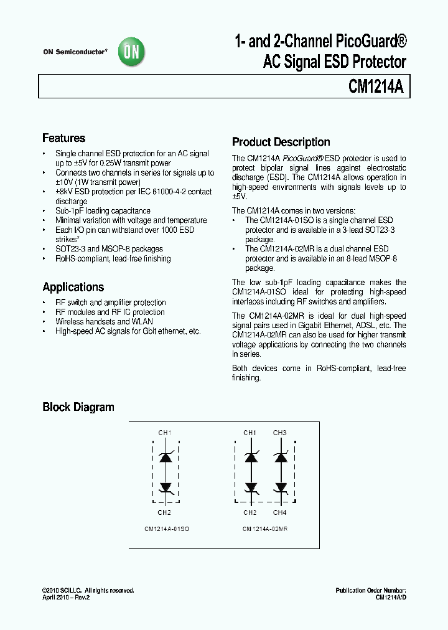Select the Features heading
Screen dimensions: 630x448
coord(63,138)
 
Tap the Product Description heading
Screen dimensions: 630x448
coord(281,142)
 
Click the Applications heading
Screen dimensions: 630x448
coord(73,287)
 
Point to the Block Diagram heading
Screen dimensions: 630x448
coord(78,407)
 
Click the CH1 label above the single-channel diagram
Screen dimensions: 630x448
coord(165,433)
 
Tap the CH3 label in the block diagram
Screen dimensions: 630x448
coord(280,433)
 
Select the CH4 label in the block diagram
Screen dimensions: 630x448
coord(280,512)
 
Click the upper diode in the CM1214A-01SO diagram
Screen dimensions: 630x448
coord(166,457)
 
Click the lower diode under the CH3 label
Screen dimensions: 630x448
coord(281,487)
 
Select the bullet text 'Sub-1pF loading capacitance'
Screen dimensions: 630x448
coord(103,211)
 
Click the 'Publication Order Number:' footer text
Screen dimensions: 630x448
coord(370,590)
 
